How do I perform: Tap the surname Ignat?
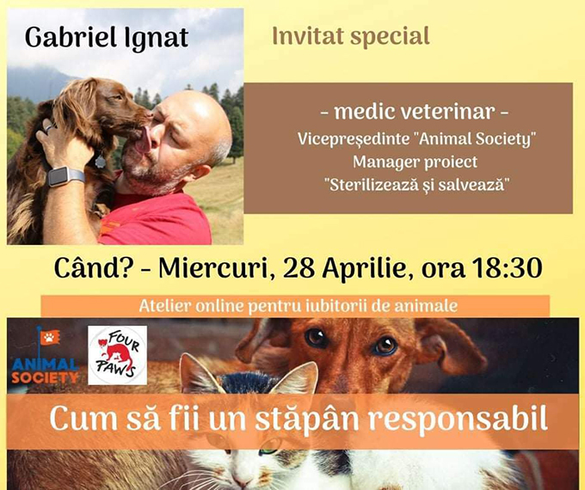click(156, 40)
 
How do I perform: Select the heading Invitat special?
click(351, 37)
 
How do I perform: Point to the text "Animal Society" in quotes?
click(475, 139)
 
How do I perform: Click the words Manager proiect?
click(415, 162)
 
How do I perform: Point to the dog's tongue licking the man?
click(144, 141)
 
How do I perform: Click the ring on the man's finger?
click(49, 129)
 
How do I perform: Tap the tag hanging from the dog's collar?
click(101, 162)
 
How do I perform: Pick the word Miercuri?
click(213, 269)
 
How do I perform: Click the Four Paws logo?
click(117, 355)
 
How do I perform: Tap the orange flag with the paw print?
click(50, 338)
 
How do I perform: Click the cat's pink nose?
click(242, 484)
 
